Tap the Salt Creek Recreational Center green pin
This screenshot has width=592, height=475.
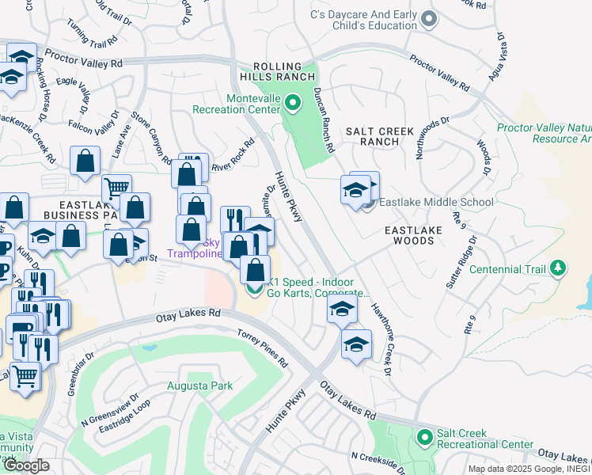click(x=425, y=437)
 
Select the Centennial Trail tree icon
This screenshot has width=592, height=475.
click(x=560, y=268)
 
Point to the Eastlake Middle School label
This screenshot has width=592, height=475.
click(x=436, y=202)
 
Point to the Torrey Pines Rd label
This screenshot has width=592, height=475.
click(x=264, y=349)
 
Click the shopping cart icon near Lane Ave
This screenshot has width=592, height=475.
click(x=116, y=188)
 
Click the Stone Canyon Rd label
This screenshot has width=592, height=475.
click(x=152, y=138)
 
